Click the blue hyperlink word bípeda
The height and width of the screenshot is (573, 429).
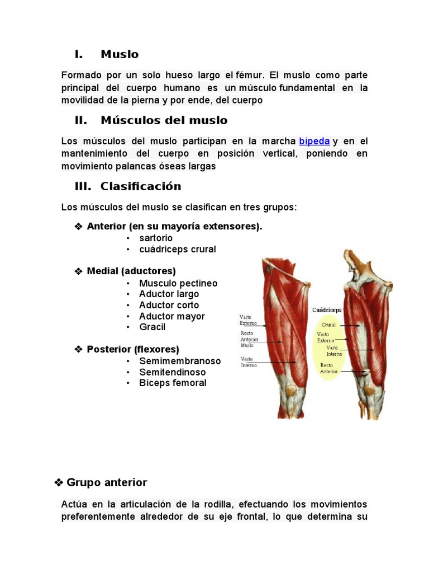(x=314, y=141)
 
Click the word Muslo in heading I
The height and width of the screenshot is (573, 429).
(x=120, y=54)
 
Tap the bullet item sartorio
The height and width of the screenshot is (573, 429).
(x=156, y=238)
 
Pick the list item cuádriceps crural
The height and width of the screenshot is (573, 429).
(x=177, y=249)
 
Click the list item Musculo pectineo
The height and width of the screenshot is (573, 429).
(x=178, y=283)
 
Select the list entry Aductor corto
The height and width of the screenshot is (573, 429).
(x=169, y=305)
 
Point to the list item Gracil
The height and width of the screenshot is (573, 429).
(x=152, y=327)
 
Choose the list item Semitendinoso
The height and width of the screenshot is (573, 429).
(x=172, y=372)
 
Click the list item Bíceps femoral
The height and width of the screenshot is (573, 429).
(x=173, y=383)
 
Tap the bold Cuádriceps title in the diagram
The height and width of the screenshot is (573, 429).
(x=327, y=309)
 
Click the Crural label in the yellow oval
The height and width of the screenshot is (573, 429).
(x=328, y=325)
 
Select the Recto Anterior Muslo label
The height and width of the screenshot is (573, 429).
(x=247, y=339)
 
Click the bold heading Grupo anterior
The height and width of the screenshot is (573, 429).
(x=106, y=482)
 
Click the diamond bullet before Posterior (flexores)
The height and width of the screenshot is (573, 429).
(x=79, y=349)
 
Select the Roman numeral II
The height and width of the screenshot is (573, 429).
(x=81, y=120)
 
